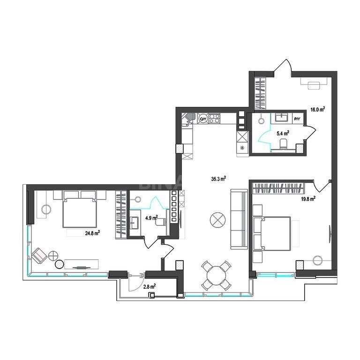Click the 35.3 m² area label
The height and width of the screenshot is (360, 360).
coord(218,179)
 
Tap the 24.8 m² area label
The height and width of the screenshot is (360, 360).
coord(92,233)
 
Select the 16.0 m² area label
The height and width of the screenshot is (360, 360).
coord(318,110)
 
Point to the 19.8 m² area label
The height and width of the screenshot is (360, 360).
coord(308,199)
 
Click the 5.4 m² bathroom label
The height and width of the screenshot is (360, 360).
coord(283,134)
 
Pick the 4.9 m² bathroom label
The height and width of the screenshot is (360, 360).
coord(151,217)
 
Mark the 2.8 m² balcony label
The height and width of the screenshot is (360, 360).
coord(150,287)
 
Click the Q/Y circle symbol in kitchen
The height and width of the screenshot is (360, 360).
coord(203,119)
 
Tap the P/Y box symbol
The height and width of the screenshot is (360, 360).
coord(297,119)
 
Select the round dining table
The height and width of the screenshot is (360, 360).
coord(216,276)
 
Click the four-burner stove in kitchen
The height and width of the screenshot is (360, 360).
coord(214,119)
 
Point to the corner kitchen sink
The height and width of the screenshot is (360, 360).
coord(189,119)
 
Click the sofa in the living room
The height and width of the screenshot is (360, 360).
coord(239,219)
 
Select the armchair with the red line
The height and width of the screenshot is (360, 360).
coord(39,256)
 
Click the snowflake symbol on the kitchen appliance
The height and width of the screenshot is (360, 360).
coord(242,148)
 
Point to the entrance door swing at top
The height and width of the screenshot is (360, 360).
coord(283,66)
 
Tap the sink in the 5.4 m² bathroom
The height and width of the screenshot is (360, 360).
coord(281,118)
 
